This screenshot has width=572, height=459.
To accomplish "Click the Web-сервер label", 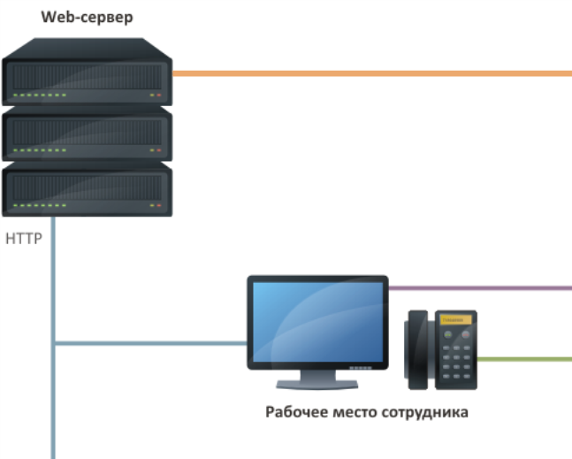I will (x=87, y=17).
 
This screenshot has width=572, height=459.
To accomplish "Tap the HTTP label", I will (x=25, y=239).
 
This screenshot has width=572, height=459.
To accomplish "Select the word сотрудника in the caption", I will (x=423, y=412).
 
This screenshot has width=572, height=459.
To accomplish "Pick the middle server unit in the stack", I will (x=87, y=134).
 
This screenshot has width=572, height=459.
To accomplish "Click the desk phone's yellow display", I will (x=453, y=318).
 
